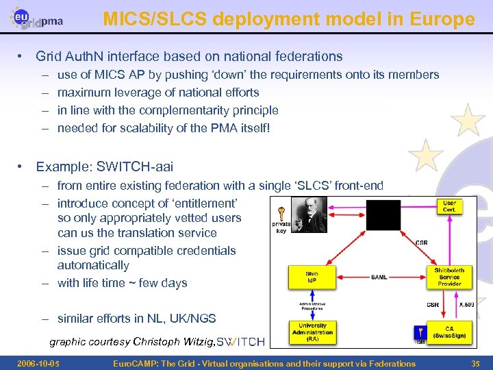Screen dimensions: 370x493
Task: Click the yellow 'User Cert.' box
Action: [449, 206]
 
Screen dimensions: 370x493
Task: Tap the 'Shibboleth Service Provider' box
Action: [449, 277]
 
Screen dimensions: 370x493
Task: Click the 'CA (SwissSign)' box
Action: [449, 332]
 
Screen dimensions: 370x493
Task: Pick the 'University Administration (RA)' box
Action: [312, 332]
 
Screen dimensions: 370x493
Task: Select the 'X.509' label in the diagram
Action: [466, 304]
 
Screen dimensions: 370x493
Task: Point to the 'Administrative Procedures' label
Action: [312, 305]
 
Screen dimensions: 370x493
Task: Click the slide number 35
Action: [475, 363]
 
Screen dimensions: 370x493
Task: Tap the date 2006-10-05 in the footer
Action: [38, 363]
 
